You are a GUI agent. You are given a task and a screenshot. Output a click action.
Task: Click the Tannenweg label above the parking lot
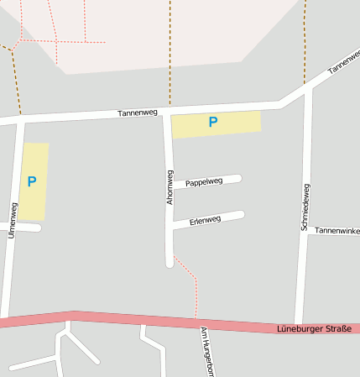[x=138, y=113]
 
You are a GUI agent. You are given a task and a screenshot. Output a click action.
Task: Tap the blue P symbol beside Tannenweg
[x=213, y=123]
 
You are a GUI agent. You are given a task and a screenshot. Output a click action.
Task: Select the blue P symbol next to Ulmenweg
[x=32, y=181]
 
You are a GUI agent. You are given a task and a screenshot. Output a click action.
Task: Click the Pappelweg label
[x=204, y=181]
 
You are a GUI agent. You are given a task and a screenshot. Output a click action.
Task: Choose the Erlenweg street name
[x=205, y=220]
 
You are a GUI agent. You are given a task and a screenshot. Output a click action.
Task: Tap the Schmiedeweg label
[x=305, y=207]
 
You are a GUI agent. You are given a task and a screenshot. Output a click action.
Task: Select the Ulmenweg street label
[x=12, y=220]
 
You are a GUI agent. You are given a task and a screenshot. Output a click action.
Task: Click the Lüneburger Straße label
[x=314, y=328]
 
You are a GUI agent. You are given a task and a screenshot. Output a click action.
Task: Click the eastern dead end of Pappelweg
[x=238, y=178]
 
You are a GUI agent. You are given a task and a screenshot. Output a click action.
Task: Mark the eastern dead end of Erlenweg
[x=241, y=215]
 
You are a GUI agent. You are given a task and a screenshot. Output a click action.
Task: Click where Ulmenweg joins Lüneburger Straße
[x=6, y=319]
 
